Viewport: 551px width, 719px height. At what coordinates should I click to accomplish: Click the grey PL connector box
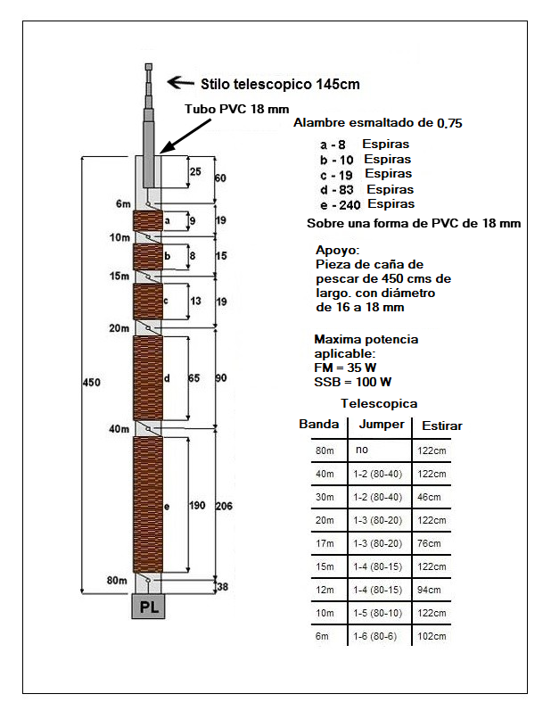pos(148,607)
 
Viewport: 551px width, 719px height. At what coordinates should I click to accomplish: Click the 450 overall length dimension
pos(92,383)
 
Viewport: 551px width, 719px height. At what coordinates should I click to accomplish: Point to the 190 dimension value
pos(197,505)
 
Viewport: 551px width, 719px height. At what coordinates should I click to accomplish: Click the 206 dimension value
pos(226,505)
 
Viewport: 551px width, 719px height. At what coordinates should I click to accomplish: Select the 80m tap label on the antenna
pos(118,581)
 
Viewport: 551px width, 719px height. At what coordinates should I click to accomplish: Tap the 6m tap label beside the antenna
pos(123,204)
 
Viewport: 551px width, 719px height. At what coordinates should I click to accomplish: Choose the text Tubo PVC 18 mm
pos(236,109)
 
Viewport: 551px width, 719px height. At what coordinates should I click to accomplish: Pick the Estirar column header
pos(441,426)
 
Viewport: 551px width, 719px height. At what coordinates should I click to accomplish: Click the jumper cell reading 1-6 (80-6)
pos(379,635)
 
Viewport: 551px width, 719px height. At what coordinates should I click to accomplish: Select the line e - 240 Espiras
pos(366,204)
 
